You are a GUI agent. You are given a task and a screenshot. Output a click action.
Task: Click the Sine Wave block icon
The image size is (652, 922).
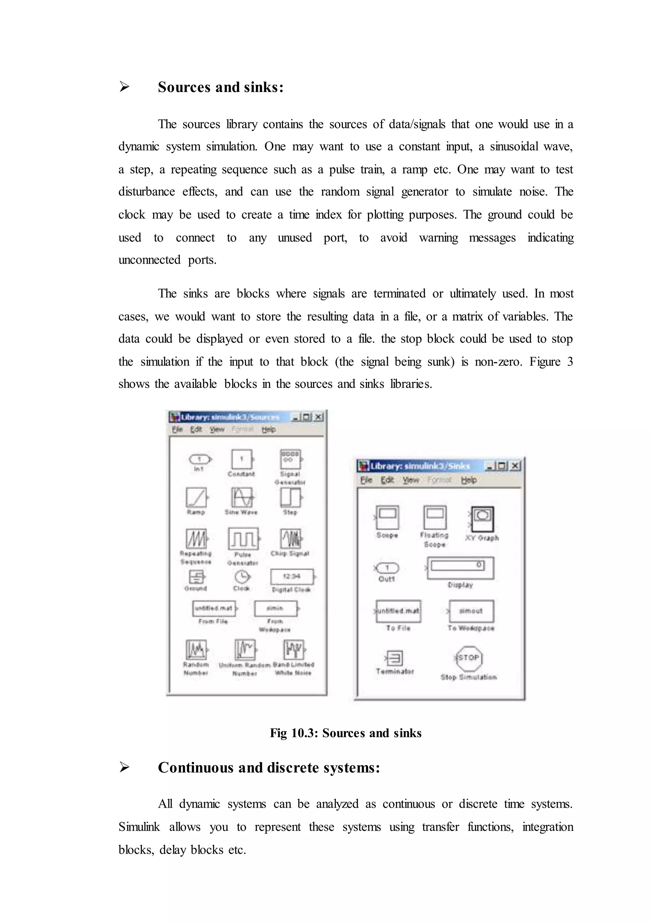point(242,497)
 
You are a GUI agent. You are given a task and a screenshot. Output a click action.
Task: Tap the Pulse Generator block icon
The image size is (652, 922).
point(243,538)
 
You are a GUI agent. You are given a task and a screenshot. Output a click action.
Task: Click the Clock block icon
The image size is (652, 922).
point(242,577)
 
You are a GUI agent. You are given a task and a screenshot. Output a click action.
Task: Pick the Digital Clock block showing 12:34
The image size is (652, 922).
point(292,577)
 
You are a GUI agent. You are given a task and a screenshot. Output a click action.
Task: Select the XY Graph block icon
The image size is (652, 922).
point(482,519)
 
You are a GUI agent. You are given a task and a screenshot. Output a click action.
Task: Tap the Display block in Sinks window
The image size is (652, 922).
point(460,568)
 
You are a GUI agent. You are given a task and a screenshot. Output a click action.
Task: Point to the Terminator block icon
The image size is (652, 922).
point(395,658)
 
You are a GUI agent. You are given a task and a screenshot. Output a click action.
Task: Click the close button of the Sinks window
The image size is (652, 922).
point(515,466)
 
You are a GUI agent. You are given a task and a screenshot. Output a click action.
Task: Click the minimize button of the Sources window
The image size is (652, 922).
point(295,417)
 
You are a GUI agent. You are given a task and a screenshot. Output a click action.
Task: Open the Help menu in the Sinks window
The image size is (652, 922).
point(469,480)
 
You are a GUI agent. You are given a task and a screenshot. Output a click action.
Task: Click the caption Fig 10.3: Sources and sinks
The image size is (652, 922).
point(346,733)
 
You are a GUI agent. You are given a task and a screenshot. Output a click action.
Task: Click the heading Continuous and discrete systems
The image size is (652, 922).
point(269,767)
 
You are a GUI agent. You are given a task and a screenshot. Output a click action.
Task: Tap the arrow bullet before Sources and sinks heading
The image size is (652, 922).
point(124,86)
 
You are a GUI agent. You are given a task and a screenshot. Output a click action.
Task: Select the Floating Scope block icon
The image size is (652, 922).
point(435,518)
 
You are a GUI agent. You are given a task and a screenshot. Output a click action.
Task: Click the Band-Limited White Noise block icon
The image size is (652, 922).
point(294,649)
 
